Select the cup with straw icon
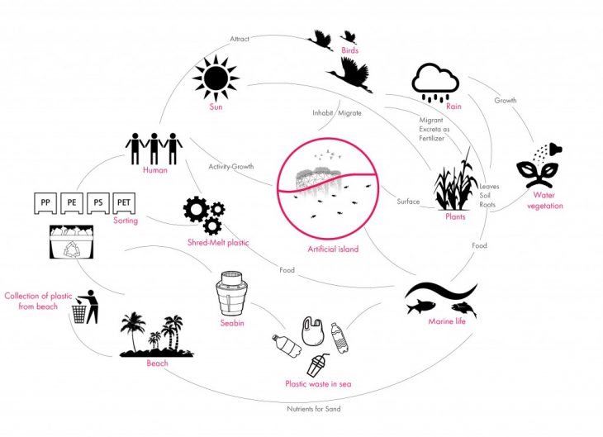pyautogui.click(x=319, y=363)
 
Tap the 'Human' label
pyautogui.click(x=154, y=170)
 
